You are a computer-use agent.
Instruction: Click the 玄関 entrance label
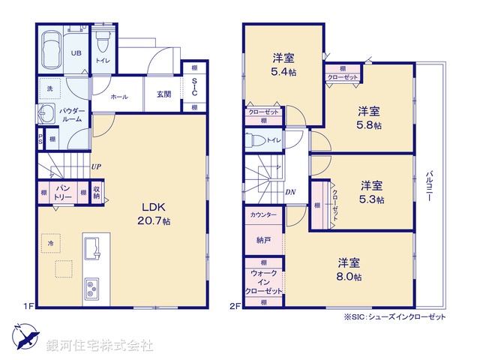164,94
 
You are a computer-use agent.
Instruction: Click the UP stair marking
97,167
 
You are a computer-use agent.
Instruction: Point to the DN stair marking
291,192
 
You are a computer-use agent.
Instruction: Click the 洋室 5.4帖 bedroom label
283,64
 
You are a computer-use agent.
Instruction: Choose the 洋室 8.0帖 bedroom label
349,269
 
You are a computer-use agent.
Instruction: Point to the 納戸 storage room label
263,241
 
